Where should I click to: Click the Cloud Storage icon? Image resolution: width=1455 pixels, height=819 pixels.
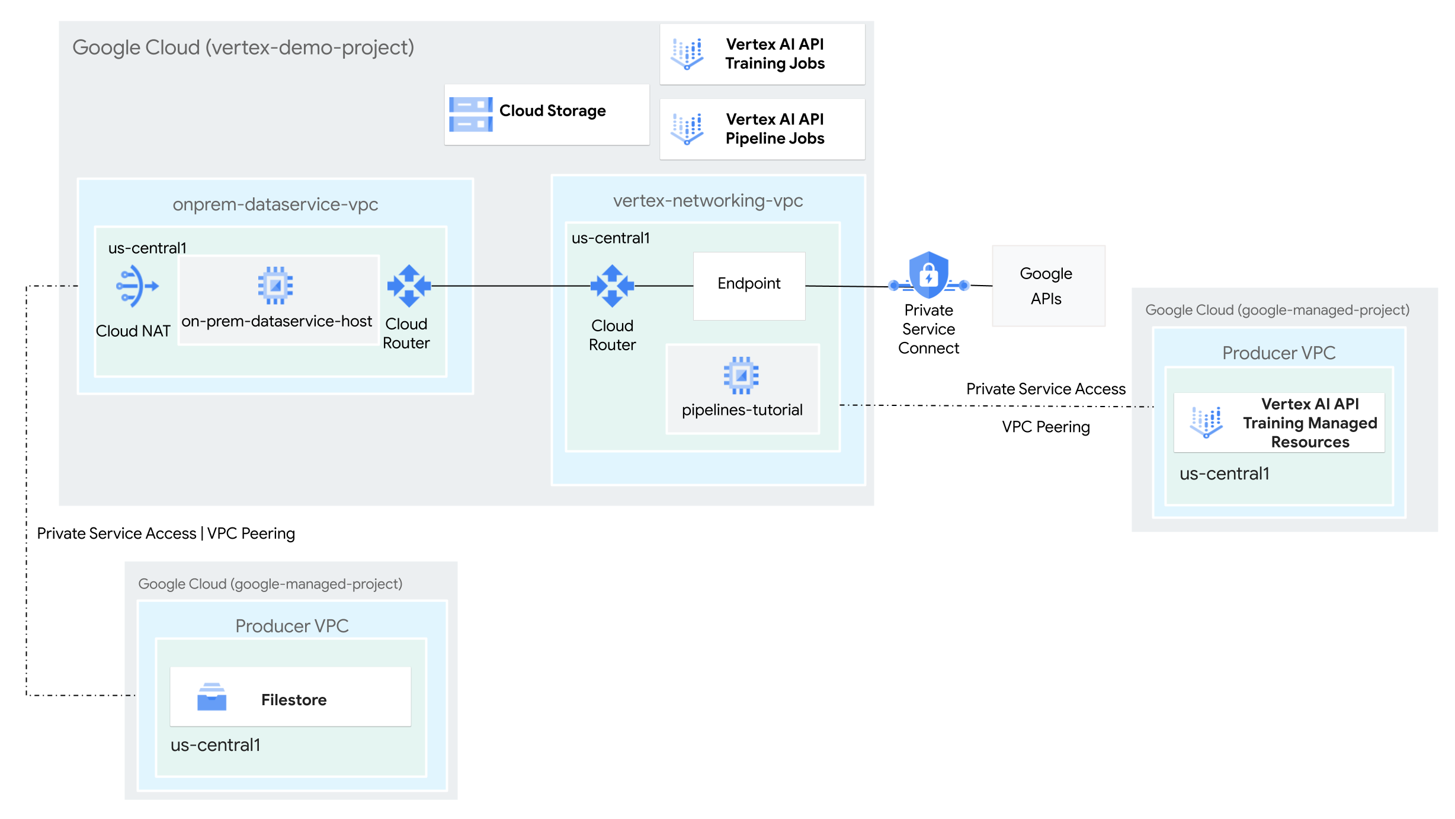470,114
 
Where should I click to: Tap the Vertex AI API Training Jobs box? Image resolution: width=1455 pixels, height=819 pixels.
762,54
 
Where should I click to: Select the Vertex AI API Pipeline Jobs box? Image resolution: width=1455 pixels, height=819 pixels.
762,129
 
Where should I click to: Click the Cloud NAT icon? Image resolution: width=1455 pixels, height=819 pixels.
137,286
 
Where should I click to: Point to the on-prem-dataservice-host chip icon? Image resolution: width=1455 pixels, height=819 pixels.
275,286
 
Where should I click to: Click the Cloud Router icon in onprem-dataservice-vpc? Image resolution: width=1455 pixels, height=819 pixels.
409,286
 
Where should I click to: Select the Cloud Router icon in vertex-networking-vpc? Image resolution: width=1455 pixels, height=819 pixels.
612,286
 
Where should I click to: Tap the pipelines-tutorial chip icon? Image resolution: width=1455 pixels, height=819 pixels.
741,375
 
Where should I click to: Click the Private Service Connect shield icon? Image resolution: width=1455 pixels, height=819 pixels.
928,276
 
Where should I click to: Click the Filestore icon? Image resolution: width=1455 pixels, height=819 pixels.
211,697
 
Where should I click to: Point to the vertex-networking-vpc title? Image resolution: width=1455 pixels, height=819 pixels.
708,201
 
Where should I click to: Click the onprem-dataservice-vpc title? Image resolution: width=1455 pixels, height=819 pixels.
275,204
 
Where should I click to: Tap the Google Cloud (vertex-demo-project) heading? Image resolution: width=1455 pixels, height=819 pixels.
243,47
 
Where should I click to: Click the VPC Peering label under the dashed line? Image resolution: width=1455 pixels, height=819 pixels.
1046,427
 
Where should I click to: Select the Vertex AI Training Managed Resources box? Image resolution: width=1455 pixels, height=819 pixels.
1279,423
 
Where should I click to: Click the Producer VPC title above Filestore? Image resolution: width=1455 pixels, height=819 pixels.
291,626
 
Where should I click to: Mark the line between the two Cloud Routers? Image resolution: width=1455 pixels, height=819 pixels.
509,286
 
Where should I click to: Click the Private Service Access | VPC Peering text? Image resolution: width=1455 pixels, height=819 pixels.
166,533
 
